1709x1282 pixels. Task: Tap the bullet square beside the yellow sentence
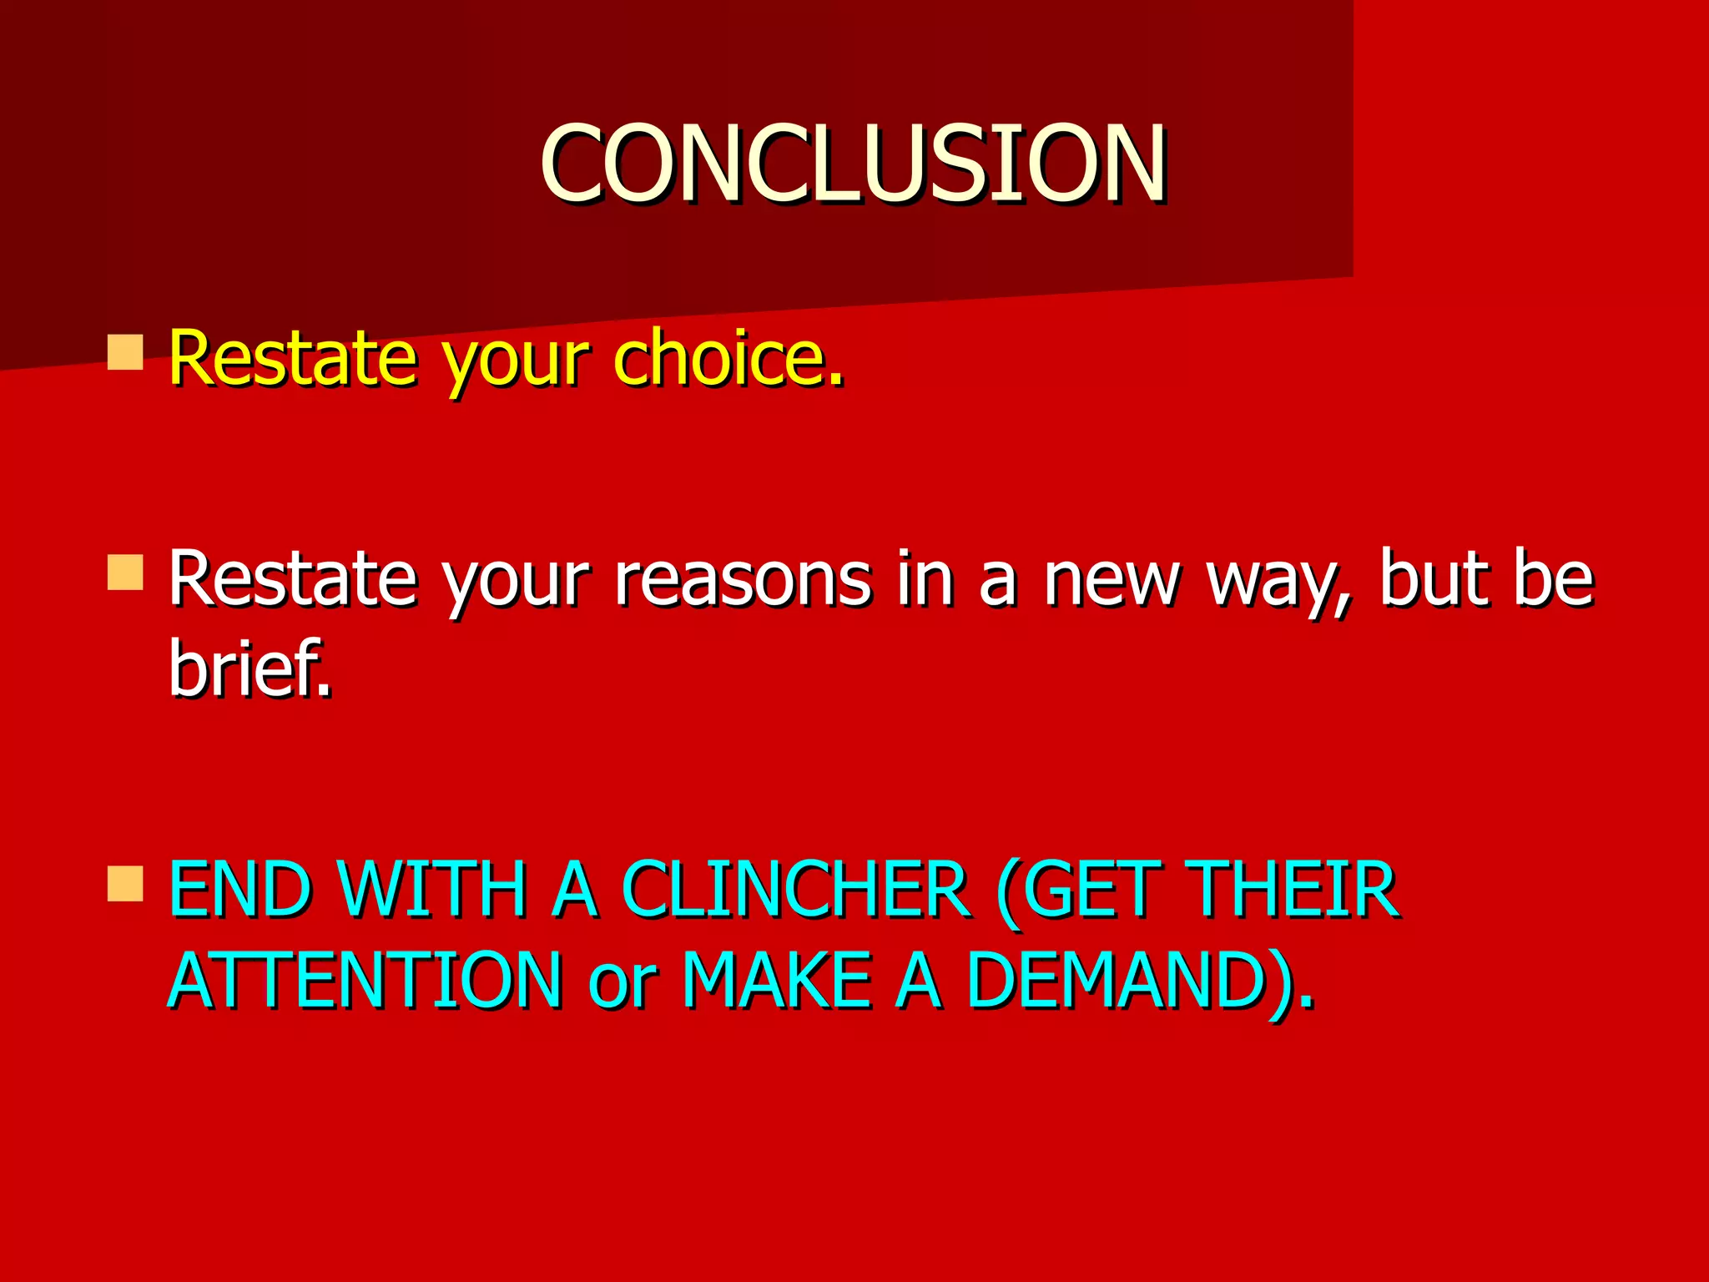[125, 351]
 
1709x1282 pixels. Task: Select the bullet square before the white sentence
[125, 573]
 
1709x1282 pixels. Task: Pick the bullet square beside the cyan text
[125, 884]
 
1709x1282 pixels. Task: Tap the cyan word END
[239, 890]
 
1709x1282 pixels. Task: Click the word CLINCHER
[794, 890]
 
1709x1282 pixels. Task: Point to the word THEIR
[1293, 890]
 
